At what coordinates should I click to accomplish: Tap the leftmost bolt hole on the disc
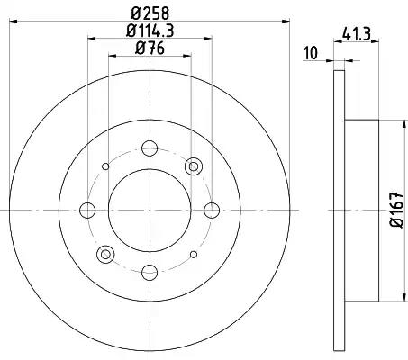[x=87, y=211]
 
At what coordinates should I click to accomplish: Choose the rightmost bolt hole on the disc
[x=211, y=211]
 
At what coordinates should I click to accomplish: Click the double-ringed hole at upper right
[x=193, y=166]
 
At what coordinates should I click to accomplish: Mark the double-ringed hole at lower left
[x=105, y=255]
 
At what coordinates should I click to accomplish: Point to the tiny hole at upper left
[x=106, y=166]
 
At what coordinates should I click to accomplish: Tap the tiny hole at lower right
[x=193, y=255]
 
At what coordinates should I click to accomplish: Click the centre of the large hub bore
[x=150, y=211]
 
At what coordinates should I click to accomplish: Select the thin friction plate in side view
[x=339, y=211]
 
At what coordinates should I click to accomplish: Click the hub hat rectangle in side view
[x=352, y=211]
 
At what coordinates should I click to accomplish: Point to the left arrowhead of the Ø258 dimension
[x=15, y=22]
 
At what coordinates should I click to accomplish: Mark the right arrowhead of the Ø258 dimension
[x=283, y=22]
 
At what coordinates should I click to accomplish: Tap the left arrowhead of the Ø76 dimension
[x=112, y=56]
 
